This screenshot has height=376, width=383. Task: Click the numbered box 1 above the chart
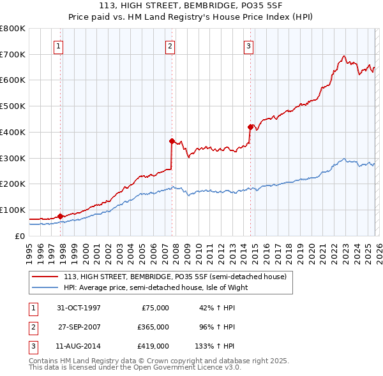(x=58, y=45)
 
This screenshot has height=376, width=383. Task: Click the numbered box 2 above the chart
(x=170, y=45)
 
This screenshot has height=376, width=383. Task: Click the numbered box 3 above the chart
(x=248, y=45)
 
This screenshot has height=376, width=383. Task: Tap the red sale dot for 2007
(x=172, y=141)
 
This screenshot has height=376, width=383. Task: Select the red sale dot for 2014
(x=250, y=126)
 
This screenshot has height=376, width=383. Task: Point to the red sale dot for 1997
(x=61, y=216)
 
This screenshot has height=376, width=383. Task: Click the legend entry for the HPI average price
(x=155, y=287)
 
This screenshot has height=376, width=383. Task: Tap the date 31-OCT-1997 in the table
(x=79, y=308)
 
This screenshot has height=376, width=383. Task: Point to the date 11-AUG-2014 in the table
(x=79, y=346)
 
